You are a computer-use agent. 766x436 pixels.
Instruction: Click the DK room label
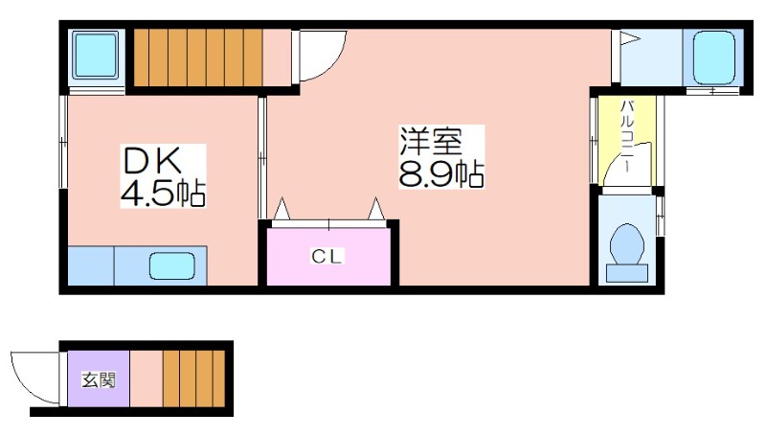(x=152, y=161)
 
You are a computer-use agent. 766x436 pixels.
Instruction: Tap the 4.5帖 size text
(x=163, y=194)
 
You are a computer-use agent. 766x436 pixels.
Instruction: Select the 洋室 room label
(x=431, y=141)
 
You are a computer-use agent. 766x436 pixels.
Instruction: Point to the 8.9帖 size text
(x=441, y=174)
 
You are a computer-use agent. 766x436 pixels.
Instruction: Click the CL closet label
(x=327, y=256)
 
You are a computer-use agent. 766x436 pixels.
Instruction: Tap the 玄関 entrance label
(x=100, y=379)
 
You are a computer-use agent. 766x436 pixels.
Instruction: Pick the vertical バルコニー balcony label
(x=626, y=136)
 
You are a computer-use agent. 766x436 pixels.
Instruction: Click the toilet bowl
(x=627, y=244)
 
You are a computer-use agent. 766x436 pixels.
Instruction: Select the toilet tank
(x=627, y=273)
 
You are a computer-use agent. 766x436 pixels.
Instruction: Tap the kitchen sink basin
(x=172, y=265)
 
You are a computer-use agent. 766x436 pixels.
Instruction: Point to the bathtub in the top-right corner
(x=713, y=57)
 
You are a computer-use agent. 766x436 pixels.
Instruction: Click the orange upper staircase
(x=198, y=57)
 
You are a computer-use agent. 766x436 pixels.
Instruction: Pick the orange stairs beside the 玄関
(x=194, y=379)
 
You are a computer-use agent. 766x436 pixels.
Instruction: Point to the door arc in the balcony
(x=621, y=159)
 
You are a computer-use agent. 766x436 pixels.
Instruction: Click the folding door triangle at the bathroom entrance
(x=630, y=38)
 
